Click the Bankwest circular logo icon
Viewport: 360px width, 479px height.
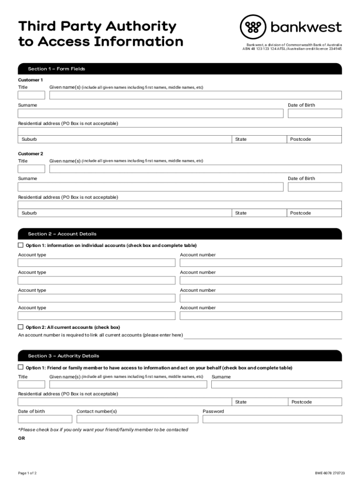click(253, 27)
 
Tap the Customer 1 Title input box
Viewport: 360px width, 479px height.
click(31, 95)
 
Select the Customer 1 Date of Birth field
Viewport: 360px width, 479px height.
click(315, 114)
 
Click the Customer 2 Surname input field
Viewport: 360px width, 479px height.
click(151, 187)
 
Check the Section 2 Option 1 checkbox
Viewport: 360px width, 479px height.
click(21, 245)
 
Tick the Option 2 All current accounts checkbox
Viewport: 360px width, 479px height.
click(21, 327)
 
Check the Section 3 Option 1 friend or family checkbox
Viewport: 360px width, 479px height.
click(21, 367)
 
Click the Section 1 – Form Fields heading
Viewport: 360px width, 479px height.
click(57, 69)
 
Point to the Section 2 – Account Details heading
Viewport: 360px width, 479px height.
click(62, 234)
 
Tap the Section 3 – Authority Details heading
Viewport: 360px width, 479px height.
click(64, 356)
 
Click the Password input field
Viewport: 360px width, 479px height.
click(272, 419)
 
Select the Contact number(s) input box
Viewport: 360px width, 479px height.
click(137, 419)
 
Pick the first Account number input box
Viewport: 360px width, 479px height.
click(261, 263)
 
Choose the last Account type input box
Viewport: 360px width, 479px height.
click(97, 316)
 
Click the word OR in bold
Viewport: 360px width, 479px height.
click(22, 438)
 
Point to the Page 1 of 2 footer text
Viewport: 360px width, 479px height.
click(28, 473)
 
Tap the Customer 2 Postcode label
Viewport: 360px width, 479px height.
click(300, 213)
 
